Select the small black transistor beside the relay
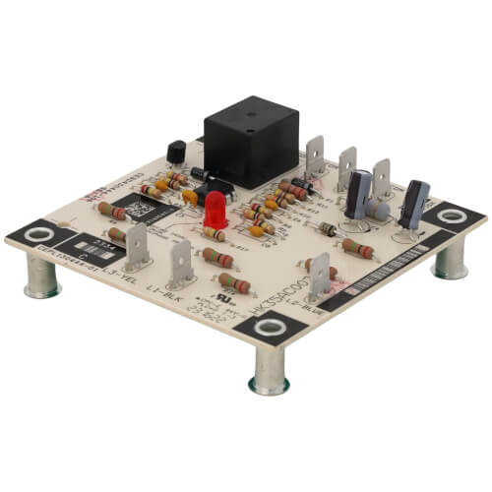pos(177,153)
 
